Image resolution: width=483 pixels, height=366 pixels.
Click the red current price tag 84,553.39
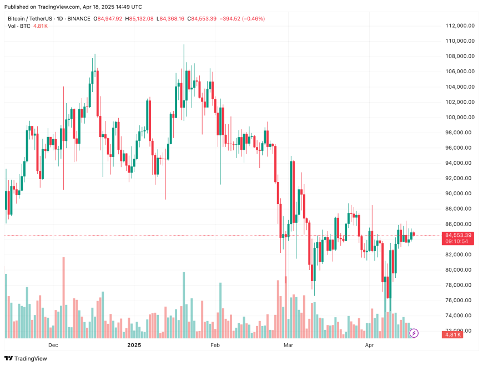coord(458,235)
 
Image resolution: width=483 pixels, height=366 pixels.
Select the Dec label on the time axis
coord(53,345)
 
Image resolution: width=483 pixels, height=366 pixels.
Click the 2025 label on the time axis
coord(134,345)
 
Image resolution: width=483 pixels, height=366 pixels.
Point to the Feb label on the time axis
coord(215,345)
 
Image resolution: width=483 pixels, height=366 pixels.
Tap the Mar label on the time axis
coord(288,345)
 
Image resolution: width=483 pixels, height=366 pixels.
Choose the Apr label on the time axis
coord(369,345)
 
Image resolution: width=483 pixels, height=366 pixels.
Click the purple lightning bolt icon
coord(414,333)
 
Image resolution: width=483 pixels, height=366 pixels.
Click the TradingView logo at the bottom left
coord(28,358)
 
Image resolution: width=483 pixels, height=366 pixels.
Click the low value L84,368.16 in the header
coord(171,18)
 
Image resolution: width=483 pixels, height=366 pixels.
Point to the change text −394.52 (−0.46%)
coord(241,18)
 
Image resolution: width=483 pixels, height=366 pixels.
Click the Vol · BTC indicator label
coord(19,26)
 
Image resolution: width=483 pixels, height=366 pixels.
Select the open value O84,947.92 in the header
coord(108,18)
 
